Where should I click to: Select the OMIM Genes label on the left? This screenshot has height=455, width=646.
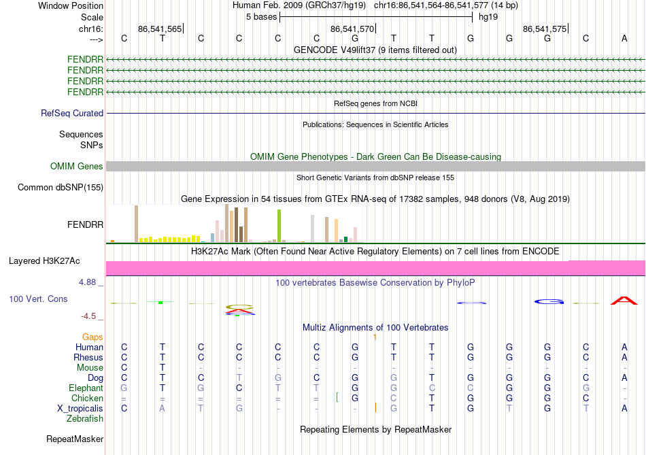tap(77, 167)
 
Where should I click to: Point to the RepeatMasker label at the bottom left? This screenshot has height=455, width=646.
tap(75, 440)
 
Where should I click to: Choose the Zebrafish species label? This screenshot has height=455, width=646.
tap(83, 419)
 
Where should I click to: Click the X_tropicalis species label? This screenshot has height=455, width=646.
tap(80, 409)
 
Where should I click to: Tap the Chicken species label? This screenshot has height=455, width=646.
tap(87, 399)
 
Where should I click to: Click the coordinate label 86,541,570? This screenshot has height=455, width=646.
tap(352, 29)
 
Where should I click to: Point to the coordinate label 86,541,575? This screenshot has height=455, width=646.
tap(545, 29)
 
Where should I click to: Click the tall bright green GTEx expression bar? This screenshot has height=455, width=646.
tap(279, 225)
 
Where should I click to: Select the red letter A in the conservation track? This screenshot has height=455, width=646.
tap(624, 300)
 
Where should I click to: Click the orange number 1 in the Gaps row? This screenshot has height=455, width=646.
tap(375, 337)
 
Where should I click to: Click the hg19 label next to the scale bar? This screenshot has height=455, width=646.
tap(488, 16)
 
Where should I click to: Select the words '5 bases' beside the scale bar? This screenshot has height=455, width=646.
tap(261, 16)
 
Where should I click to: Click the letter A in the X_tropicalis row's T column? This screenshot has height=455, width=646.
tap(162, 409)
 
